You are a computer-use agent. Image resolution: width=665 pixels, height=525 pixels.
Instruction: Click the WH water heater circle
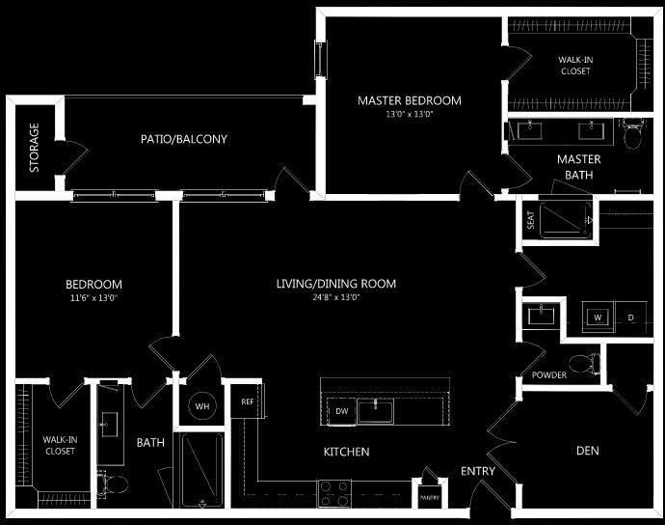[201, 406]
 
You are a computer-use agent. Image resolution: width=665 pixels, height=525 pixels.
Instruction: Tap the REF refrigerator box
[247, 401]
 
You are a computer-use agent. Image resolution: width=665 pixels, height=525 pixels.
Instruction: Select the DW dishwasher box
[341, 411]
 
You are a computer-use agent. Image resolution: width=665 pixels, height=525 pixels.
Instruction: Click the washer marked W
[598, 318]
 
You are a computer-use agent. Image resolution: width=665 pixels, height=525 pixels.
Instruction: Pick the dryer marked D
[631, 318]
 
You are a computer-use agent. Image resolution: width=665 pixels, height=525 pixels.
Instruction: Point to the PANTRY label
[428, 497]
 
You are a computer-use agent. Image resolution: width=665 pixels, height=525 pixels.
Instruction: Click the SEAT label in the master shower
[529, 220]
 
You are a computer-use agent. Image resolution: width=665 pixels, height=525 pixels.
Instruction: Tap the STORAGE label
[35, 147]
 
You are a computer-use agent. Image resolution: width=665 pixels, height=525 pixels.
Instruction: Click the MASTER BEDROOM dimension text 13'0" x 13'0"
[409, 115]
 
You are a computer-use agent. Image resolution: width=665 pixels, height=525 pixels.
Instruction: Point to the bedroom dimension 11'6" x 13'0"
[93, 298]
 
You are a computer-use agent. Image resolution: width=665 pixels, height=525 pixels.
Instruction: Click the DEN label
[588, 450]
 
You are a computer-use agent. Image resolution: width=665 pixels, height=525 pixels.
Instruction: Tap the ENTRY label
[477, 471]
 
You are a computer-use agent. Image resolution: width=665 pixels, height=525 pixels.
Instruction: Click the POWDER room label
[548, 375]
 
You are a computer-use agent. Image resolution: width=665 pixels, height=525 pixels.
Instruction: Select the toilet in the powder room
[581, 364]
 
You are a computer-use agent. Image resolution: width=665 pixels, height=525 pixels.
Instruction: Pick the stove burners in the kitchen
[335, 494]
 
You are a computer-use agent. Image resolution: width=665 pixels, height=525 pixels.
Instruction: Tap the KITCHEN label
[346, 452]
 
